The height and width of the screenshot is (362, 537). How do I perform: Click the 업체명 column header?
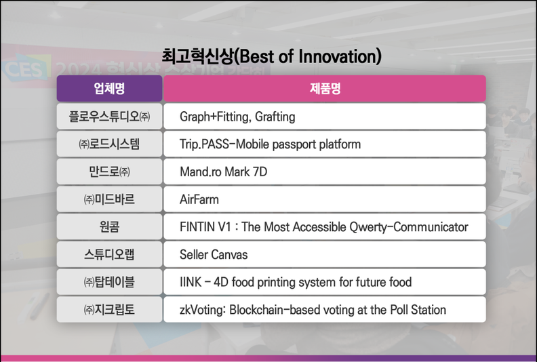(109, 89)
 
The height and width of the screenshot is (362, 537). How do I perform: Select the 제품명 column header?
(325, 89)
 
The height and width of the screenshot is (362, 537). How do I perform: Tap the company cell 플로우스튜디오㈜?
(109, 117)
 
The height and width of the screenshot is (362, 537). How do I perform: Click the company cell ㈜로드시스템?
(109, 144)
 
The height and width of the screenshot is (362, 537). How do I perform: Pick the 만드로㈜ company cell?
(109, 172)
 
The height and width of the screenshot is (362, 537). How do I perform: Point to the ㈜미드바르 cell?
(109, 199)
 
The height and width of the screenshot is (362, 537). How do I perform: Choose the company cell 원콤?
(109, 226)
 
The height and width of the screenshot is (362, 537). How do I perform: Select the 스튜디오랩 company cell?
(109, 254)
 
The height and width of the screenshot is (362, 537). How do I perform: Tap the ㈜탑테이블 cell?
(109, 282)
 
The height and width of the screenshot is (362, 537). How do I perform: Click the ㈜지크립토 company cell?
(109, 310)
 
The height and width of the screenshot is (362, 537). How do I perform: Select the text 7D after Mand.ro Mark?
(260, 172)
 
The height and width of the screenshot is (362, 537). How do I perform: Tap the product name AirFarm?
(199, 199)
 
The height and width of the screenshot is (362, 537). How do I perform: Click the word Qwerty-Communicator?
(409, 227)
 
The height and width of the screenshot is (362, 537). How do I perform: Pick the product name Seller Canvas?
(214, 254)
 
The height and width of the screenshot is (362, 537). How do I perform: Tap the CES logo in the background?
(24, 68)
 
